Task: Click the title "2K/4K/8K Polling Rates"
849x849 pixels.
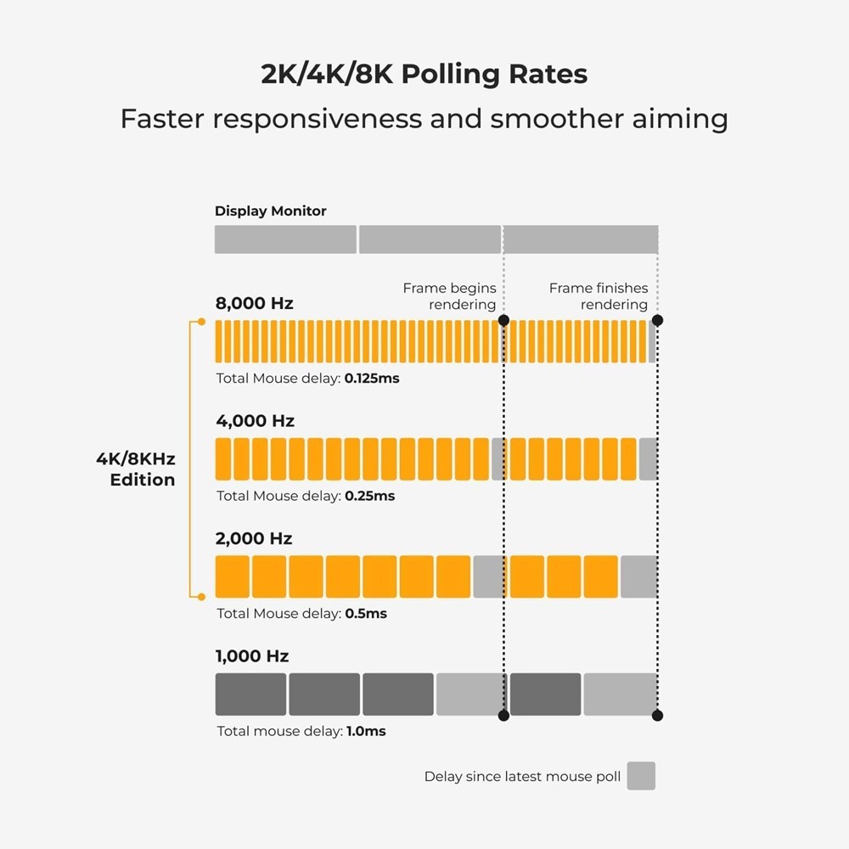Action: tap(424, 74)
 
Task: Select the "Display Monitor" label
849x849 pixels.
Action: tap(270, 211)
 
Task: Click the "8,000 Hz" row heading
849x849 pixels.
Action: tap(254, 303)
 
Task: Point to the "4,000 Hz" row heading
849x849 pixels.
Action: tap(255, 421)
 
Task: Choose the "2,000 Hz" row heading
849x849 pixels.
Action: tap(255, 538)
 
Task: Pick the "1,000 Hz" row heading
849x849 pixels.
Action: tap(252, 656)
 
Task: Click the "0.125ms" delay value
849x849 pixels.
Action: tap(372, 379)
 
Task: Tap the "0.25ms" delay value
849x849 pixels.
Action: tap(369, 496)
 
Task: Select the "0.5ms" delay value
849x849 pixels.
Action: tap(366, 614)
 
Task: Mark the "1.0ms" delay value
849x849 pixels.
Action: tap(366, 731)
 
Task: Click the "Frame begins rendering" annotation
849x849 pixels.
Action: tap(449, 296)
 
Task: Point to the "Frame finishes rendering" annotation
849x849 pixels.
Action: tap(599, 296)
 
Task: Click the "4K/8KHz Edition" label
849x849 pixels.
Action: tap(136, 469)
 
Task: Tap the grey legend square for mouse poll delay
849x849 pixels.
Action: tap(641, 776)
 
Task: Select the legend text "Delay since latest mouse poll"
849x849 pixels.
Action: tap(522, 777)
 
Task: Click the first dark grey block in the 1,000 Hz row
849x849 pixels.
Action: tap(250, 694)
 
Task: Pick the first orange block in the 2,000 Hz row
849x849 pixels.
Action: tap(233, 576)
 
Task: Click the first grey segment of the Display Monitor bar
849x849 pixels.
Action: tap(285, 239)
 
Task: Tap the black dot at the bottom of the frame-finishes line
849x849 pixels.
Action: tap(657, 716)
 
